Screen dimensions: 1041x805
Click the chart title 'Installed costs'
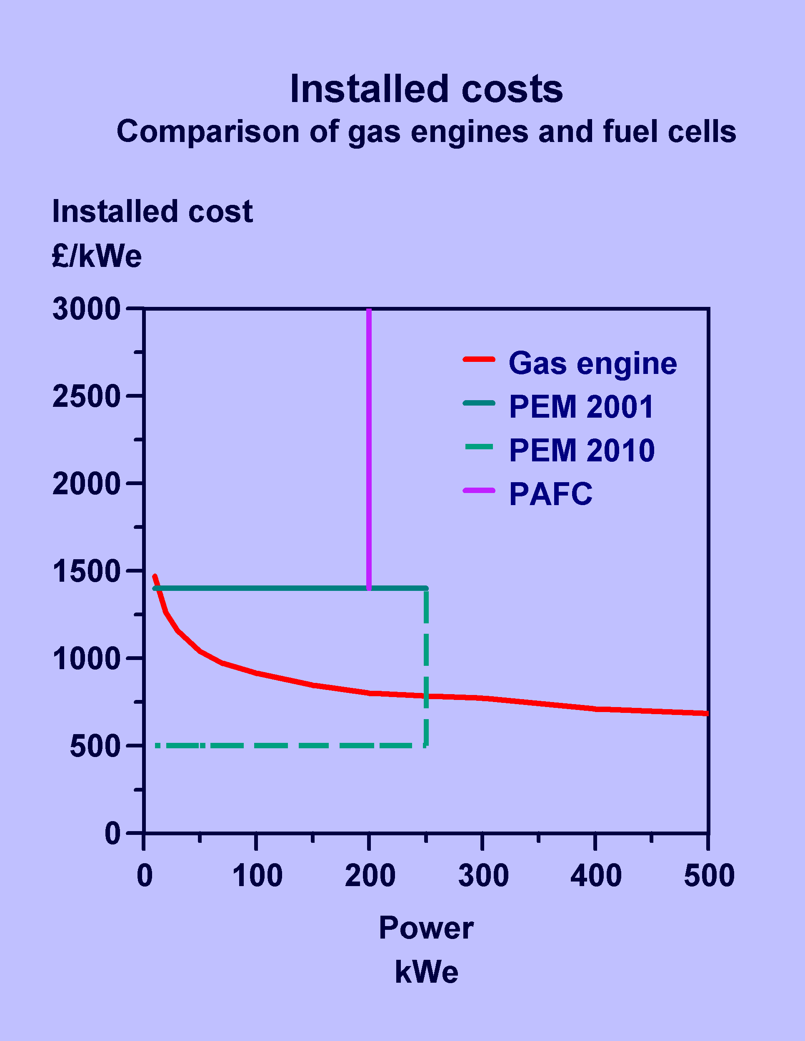tap(426, 89)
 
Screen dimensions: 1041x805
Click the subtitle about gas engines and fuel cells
tap(426, 132)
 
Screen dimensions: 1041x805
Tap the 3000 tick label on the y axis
tap(86, 309)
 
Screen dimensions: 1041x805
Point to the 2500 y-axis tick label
tap(86, 396)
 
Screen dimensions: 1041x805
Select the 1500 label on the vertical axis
tap(86, 571)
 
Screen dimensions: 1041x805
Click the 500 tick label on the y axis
tap(95, 747)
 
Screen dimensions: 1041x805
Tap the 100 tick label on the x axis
tap(257, 876)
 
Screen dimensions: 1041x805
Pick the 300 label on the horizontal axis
tap(483, 876)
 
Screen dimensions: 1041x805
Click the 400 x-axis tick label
tap(596, 876)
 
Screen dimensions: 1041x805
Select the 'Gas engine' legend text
tap(593, 364)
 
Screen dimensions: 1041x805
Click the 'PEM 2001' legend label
tap(581, 407)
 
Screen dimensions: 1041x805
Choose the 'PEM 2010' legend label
tap(582, 451)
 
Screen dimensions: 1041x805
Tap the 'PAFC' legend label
tap(551, 494)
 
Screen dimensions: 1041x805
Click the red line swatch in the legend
tap(479, 359)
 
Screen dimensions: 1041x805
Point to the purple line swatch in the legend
tap(479, 491)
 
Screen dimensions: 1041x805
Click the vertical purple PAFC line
tap(369, 448)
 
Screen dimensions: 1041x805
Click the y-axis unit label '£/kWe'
tap(97, 257)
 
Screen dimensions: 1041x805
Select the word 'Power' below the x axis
tap(426, 928)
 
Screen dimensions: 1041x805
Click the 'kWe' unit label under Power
tap(426, 972)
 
